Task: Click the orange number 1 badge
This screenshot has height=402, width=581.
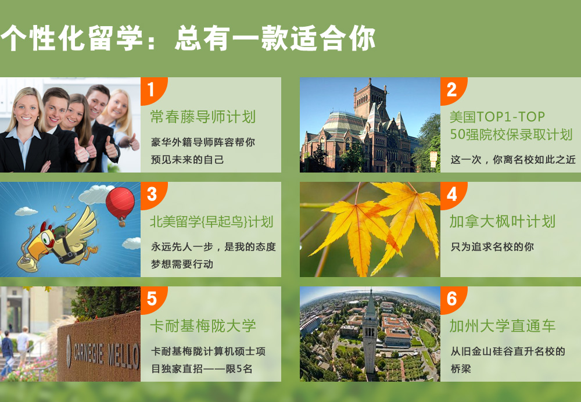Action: click(x=152, y=89)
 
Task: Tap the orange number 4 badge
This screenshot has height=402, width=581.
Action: click(x=452, y=194)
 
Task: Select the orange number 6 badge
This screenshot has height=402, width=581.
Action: click(x=452, y=299)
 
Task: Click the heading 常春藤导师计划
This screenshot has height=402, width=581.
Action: click(x=203, y=117)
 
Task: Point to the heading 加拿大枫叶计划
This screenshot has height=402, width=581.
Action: click(x=503, y=221)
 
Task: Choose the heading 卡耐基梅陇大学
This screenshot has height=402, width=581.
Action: click(x=203, y=326)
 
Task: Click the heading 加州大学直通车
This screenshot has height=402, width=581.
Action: click(x=503, y=326)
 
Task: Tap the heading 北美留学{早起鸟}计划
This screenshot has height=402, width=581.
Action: click(x=211, y=221)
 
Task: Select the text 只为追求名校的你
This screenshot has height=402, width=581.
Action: click(x=492, y=247)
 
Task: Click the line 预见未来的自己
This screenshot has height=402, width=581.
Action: click(x=187, y=160)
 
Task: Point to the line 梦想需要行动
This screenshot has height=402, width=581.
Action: click(x=182, y=264)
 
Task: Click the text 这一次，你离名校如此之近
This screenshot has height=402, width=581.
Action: click(x=513, y=160)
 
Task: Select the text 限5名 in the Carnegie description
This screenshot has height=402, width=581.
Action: click(x=239, y=369)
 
